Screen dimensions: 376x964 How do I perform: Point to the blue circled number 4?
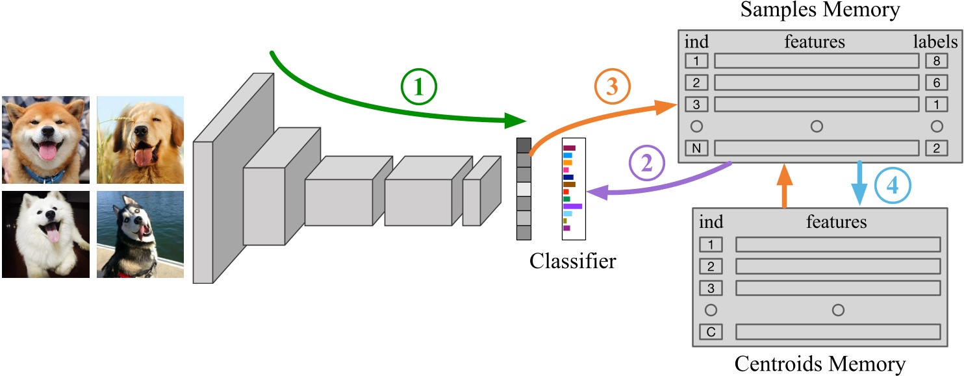coord(893,186)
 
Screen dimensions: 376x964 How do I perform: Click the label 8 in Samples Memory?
coord(936,61)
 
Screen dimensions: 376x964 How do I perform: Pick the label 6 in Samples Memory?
coord(936,82)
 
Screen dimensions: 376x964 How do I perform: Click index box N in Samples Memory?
coord(696,148)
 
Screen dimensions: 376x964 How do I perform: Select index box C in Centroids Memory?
coord(711,332)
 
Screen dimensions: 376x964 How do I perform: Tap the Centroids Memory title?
coord(820,364)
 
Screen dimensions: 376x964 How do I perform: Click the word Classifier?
coord(572,262)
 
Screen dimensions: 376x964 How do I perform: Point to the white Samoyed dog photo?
coord(45,234)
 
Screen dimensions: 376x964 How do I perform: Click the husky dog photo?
coord(140,234)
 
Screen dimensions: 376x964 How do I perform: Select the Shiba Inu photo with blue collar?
coord(45,140)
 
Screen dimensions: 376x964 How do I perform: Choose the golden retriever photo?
coord(140,140)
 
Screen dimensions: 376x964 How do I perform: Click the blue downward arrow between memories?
coord(860,184)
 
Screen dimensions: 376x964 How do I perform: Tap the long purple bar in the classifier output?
coord(572,206)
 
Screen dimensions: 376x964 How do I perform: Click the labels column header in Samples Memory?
coord(935,42)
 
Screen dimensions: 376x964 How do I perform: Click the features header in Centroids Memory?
coord(836,222)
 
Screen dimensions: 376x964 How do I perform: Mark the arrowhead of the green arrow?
coord(516,120)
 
